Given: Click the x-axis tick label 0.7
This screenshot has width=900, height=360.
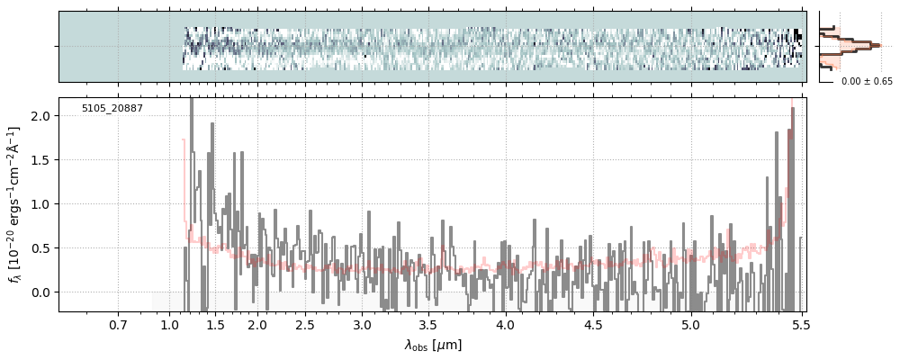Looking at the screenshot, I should pyautogui.click(x=118, y=324).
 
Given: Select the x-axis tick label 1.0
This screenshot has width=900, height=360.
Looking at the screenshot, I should pyautogui.click(x=170, y=324).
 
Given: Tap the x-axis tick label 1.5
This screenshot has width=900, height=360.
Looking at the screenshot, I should pyautogui.click(x=215, y=324).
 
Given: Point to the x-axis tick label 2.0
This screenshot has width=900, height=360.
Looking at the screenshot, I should pyautogui.click(x=257, y=324).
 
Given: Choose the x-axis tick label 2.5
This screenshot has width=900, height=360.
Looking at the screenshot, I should pyautogui.click(x=305, y=324).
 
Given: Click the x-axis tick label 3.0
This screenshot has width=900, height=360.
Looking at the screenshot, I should pyautogui.click(x=362, y=324).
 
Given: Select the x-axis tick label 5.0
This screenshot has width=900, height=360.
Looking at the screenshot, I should pyautogui.click(x=690, y=324).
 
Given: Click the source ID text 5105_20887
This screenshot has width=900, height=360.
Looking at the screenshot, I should pyautogui.click(x=112, y=109).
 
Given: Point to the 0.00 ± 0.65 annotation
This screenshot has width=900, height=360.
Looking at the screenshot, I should pyautogui.click(x=867, y=82).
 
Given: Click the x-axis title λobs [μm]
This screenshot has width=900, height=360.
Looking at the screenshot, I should pyautogui.click(x=433, y=345).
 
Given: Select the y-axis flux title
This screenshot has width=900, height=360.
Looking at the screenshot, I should pyautogui.click(x=15, y=204).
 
